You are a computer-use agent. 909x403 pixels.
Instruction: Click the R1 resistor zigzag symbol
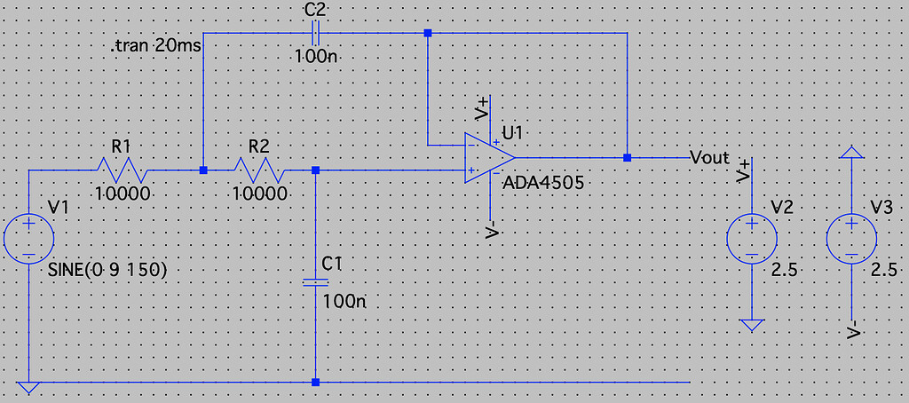click(x=123, y=170)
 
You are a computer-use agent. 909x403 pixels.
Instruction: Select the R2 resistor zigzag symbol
click(x=259, y=170)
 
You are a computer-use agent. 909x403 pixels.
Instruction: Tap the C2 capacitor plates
click(x=315, y=34)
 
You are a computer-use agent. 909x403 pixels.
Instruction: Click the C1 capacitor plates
click(x=315, y=282)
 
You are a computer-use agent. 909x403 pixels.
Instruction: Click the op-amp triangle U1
click(x=489, y=157)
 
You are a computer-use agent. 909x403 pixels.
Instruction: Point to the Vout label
click(x=709, y=158)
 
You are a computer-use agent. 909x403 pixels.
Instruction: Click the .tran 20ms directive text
click(x=156, y=47)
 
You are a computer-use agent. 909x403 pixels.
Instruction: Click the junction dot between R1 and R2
click(x=203, y=170)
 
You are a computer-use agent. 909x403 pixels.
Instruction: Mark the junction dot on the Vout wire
click(x=627, y=157)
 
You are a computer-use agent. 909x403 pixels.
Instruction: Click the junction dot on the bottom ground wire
click(x=315, y=382)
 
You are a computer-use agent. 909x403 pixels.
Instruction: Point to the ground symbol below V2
click(x=752, y=325)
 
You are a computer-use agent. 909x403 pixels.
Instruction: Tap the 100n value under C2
click(x=316, y=58)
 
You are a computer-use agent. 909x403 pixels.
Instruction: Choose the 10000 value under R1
click(x=123, y=194)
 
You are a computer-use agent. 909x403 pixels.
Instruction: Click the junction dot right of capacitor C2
click(x=428, y=34)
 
